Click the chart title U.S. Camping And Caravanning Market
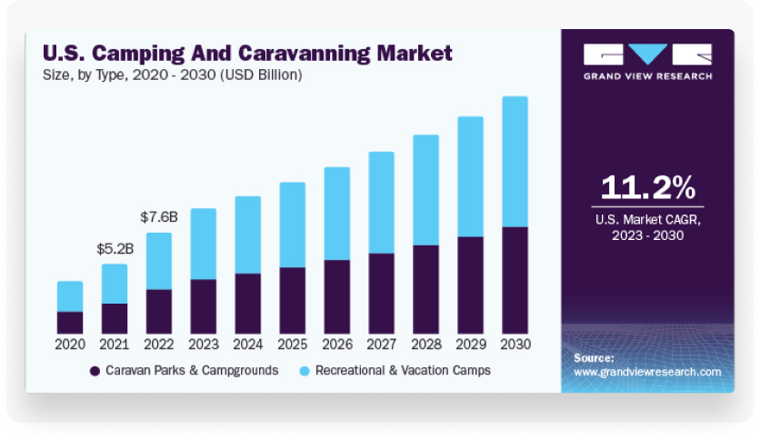[247, 53]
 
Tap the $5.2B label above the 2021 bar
[115, 248]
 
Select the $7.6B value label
[159, 217]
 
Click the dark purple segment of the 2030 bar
[515, 280]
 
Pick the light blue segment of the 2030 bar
[515, 161]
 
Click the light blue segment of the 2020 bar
[70, 295]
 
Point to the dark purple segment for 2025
[293, 300]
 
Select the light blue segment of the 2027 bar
[381, 202]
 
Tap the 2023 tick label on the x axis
[204, 345]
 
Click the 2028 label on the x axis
[425, 345]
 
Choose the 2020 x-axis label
[70, 345]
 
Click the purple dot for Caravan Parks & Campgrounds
[94, 371]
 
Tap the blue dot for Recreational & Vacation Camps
[305, 371]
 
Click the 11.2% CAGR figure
[647, 187]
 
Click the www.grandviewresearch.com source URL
[647, 372]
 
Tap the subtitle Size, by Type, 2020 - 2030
[173, 75]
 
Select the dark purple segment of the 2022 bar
[159, 311]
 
